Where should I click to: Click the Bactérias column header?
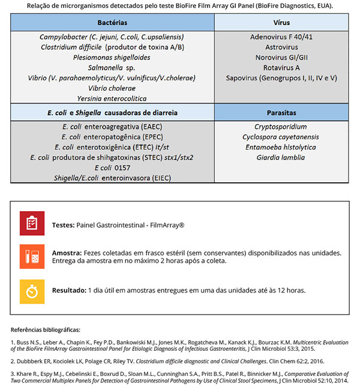(113, 22)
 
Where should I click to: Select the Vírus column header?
(281, 22)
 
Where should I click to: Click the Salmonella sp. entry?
(113, 68)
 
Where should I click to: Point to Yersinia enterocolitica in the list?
(113, 98)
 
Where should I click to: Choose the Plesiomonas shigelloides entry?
(113, 58)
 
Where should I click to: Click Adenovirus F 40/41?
(281, 37)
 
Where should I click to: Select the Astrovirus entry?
(281, 47)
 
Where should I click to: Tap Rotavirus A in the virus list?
(281, 68)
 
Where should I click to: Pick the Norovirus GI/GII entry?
(281, 58)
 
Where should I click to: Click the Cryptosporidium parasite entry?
(281, 127)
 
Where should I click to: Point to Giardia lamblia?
(281, 158)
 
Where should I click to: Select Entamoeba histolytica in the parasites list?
(281, 148)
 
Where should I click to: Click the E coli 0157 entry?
(113, 168)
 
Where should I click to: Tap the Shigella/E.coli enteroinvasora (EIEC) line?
(113, 178)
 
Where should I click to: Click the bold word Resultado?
(69, 290)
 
